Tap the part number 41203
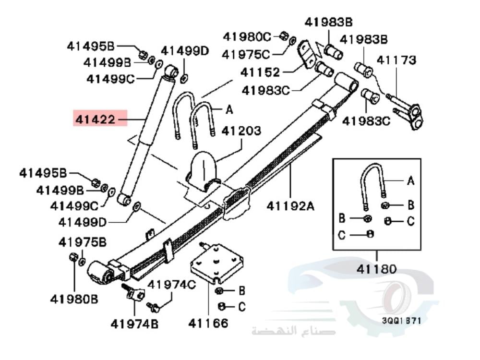click(x=241, y=131)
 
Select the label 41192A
click(x=290, y=207)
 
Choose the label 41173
click(x=396, y=60)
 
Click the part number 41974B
click(x=134, y=324)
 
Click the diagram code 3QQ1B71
click(x=402, y=320)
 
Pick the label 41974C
click(x=171, y=285)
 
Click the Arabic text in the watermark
click(x=293, y=331)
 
